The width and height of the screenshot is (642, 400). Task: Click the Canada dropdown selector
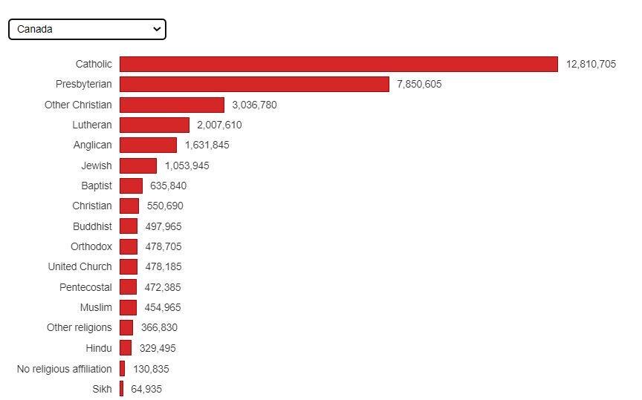tap(87, 29)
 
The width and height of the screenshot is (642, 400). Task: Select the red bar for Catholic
tap(338, 65)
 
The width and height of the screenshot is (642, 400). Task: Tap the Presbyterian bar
tap(254, 85)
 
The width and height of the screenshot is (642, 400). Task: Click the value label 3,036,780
tap(254, 105)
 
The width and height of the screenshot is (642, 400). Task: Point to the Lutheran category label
tap(92, 125)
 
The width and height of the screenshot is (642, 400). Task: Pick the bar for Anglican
tap(148, 145)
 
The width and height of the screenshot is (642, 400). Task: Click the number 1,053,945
tap(187, 165)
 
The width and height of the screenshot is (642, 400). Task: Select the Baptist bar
tap(131, 186)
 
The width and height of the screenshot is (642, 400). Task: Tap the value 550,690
tap(165, 206)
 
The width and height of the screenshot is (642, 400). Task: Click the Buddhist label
tap(92, 226)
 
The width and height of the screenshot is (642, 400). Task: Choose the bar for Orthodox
tap(129, 246)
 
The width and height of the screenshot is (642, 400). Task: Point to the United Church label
tap(80, 266)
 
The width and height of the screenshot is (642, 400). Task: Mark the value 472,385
tap(163, 287)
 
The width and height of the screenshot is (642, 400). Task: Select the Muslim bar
tap(128, 307)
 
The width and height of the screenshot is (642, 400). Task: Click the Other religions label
tap(79, 327)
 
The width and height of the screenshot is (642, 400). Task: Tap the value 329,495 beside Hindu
tap(158, 348)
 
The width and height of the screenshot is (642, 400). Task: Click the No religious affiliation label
tap(65, 369)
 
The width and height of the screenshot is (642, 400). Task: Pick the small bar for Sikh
tap(122, 389)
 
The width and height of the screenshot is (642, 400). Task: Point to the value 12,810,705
tap(591, 65)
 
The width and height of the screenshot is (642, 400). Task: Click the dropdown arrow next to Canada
tap(156, 29)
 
